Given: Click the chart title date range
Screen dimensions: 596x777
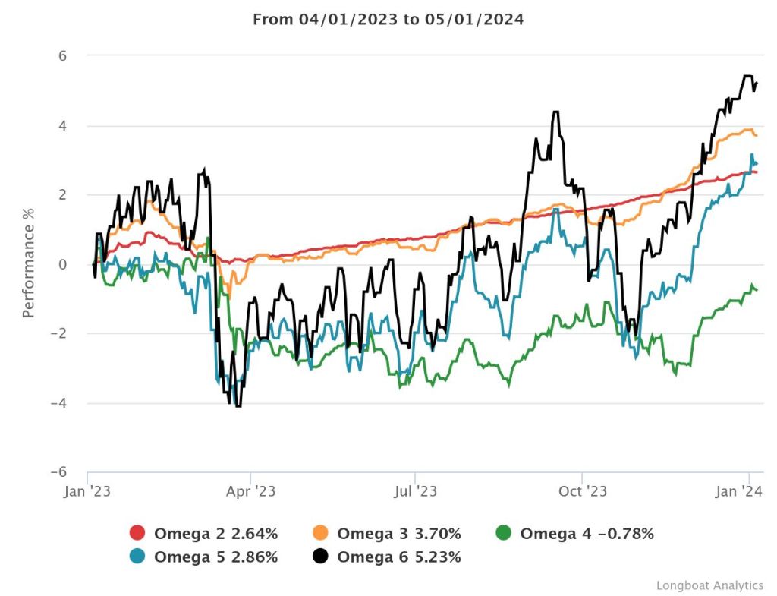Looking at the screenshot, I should coord(388,20).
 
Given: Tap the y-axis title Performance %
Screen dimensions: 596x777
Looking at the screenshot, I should coord(29,264).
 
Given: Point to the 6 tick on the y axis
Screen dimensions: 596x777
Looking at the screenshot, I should coord(63,56).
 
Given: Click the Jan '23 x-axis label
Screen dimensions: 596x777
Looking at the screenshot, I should coord(88,491).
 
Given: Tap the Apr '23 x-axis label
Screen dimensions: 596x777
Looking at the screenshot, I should coord(251,491).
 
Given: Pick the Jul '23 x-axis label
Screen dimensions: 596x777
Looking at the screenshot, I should coord(415,491).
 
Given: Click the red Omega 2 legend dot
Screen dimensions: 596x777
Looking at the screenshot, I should coord(137,534).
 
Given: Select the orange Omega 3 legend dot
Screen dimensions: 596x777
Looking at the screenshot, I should coord(320,534).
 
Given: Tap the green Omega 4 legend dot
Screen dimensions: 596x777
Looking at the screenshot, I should coord(503,534).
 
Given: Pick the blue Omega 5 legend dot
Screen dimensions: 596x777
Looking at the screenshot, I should coord(137,557).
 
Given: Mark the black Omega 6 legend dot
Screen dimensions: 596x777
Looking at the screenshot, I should coord(320,557).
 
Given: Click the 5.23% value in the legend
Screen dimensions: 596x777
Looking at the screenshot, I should coord(435,557).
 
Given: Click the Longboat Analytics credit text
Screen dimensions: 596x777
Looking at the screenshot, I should coord(709,585).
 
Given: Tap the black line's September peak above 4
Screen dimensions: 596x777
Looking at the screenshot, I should coord(555,112).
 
